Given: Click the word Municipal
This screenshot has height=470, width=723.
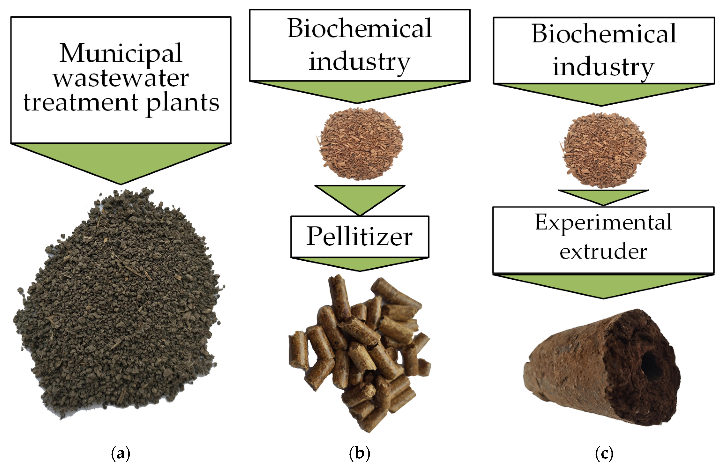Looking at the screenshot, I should (121, 53).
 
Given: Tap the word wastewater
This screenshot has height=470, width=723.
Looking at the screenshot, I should (121, 79).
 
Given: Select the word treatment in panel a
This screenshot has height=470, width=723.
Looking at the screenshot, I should (81, 102).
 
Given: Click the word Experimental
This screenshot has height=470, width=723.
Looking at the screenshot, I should (603, 222).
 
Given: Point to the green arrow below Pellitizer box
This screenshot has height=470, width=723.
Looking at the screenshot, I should (360, 263).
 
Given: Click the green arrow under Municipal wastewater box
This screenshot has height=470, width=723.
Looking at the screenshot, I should (121, 161).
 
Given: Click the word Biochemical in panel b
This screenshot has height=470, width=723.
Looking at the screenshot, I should (360, 29).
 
